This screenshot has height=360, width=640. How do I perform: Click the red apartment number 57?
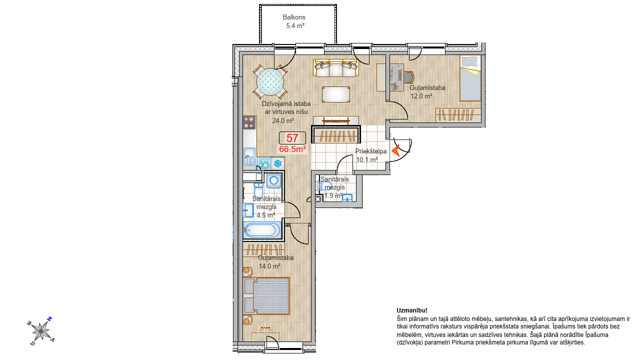pos(292,138)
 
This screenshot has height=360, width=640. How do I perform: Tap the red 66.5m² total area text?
pos(293,149)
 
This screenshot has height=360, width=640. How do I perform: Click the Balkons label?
pos(294,17)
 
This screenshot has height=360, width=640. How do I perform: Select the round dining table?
pos(270,81)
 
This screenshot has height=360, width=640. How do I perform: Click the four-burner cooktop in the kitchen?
pos(249,122)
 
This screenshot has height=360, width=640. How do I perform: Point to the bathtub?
pos(262,230)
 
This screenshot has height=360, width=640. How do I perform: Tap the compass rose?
pos(41,331)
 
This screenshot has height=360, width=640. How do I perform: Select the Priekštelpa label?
pos(371,151)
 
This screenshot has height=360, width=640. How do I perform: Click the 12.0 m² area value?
pos(421,96)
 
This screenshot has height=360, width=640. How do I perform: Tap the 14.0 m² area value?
pos(269,266)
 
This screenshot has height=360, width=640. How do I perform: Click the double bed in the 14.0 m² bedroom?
pos(266,296)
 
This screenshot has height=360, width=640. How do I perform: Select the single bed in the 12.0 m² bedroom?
pos(470,78)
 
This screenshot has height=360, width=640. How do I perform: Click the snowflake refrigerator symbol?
pos(277,163)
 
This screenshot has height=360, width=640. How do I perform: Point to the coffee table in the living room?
pos(336,94)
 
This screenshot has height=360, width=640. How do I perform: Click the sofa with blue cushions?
pos(335,68)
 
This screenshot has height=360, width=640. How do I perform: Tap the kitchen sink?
pos(249,156)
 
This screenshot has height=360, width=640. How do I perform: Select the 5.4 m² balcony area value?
pos(295,25)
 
